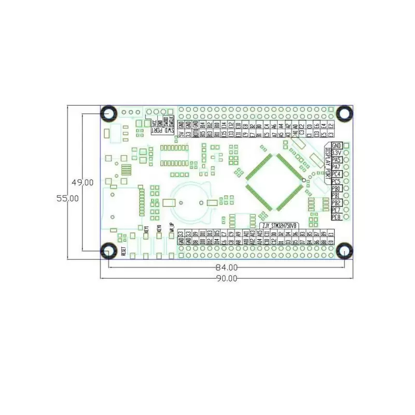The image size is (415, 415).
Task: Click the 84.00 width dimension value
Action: [227, 268]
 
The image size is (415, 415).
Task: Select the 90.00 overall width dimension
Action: [227, 278]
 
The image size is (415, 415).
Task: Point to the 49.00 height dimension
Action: [82, 182]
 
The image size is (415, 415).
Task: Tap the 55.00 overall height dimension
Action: [68, 198]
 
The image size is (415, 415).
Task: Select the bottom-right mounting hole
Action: [345, 252]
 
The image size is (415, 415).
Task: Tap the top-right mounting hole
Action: [345, 114]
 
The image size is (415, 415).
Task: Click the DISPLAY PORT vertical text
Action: [327, 163]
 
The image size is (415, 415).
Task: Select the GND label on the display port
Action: [337, 146]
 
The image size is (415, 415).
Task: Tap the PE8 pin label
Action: [337, 217]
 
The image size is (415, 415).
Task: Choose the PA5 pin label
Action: [337, 160]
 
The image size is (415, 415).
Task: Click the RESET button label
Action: [123, 252]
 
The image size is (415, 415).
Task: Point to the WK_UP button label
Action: [172, 228]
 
